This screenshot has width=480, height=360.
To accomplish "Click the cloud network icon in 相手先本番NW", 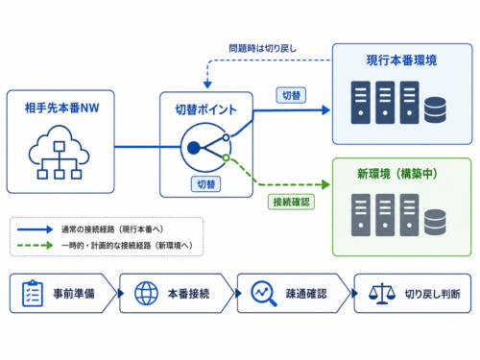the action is (60, 152).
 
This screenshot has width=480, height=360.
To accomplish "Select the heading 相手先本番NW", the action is (61, 108).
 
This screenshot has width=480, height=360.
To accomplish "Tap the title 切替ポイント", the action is (205, 109).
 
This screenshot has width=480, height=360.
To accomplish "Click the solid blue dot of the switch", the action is (194, 148).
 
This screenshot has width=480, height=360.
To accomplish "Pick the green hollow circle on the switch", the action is (226, 157).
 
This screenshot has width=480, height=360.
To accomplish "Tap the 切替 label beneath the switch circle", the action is (205, 184).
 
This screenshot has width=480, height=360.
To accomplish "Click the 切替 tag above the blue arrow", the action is (291, 95).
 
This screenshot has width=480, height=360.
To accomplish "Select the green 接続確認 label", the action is (291, 202).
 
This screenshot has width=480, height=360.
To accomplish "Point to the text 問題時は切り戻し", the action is (263, 49).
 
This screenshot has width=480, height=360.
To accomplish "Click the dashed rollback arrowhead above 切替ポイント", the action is (207, 84).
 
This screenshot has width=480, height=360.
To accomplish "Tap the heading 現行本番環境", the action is (401, 60).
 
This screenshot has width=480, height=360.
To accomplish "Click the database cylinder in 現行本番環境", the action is (435, 109).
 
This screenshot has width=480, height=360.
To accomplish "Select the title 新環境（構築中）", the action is (397, 174).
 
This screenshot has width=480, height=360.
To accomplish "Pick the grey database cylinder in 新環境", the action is (435, 223).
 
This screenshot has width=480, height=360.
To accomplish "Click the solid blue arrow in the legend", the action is (35, 229).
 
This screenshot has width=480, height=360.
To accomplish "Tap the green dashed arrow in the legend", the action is (35, 246).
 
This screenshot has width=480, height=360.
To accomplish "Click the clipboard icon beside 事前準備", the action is (33, 293).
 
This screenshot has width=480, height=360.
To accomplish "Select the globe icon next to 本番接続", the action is (146, 293).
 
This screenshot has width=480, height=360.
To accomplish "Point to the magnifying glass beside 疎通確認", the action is (264, 294).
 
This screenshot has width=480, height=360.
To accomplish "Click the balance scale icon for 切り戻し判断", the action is (382, 294).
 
